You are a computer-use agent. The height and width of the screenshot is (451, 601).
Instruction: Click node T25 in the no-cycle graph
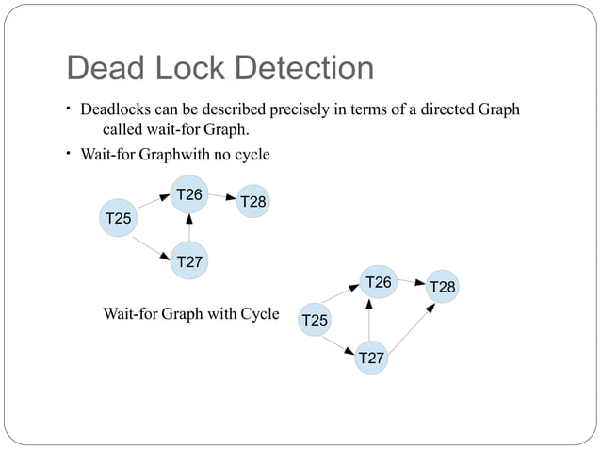[118, 219]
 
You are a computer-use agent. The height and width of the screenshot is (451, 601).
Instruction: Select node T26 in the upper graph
[189, 195]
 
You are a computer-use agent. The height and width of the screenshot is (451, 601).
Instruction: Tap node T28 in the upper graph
[252, 202]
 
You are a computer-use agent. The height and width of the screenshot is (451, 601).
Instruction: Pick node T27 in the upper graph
[188, 261]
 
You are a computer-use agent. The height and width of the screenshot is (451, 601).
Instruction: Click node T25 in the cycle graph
[315, 321]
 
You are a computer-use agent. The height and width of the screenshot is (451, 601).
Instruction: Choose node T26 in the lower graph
[378, 282]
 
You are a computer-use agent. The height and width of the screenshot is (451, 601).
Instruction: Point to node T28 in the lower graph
[443, 287]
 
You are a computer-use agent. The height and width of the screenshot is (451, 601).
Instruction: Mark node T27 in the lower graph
[371, 359]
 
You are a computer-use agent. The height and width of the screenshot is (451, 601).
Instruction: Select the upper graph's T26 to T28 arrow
[222, 197]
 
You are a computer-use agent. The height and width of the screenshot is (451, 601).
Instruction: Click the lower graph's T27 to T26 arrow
[370, 321]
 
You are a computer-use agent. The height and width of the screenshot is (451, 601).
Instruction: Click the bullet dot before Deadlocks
[70, 109]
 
